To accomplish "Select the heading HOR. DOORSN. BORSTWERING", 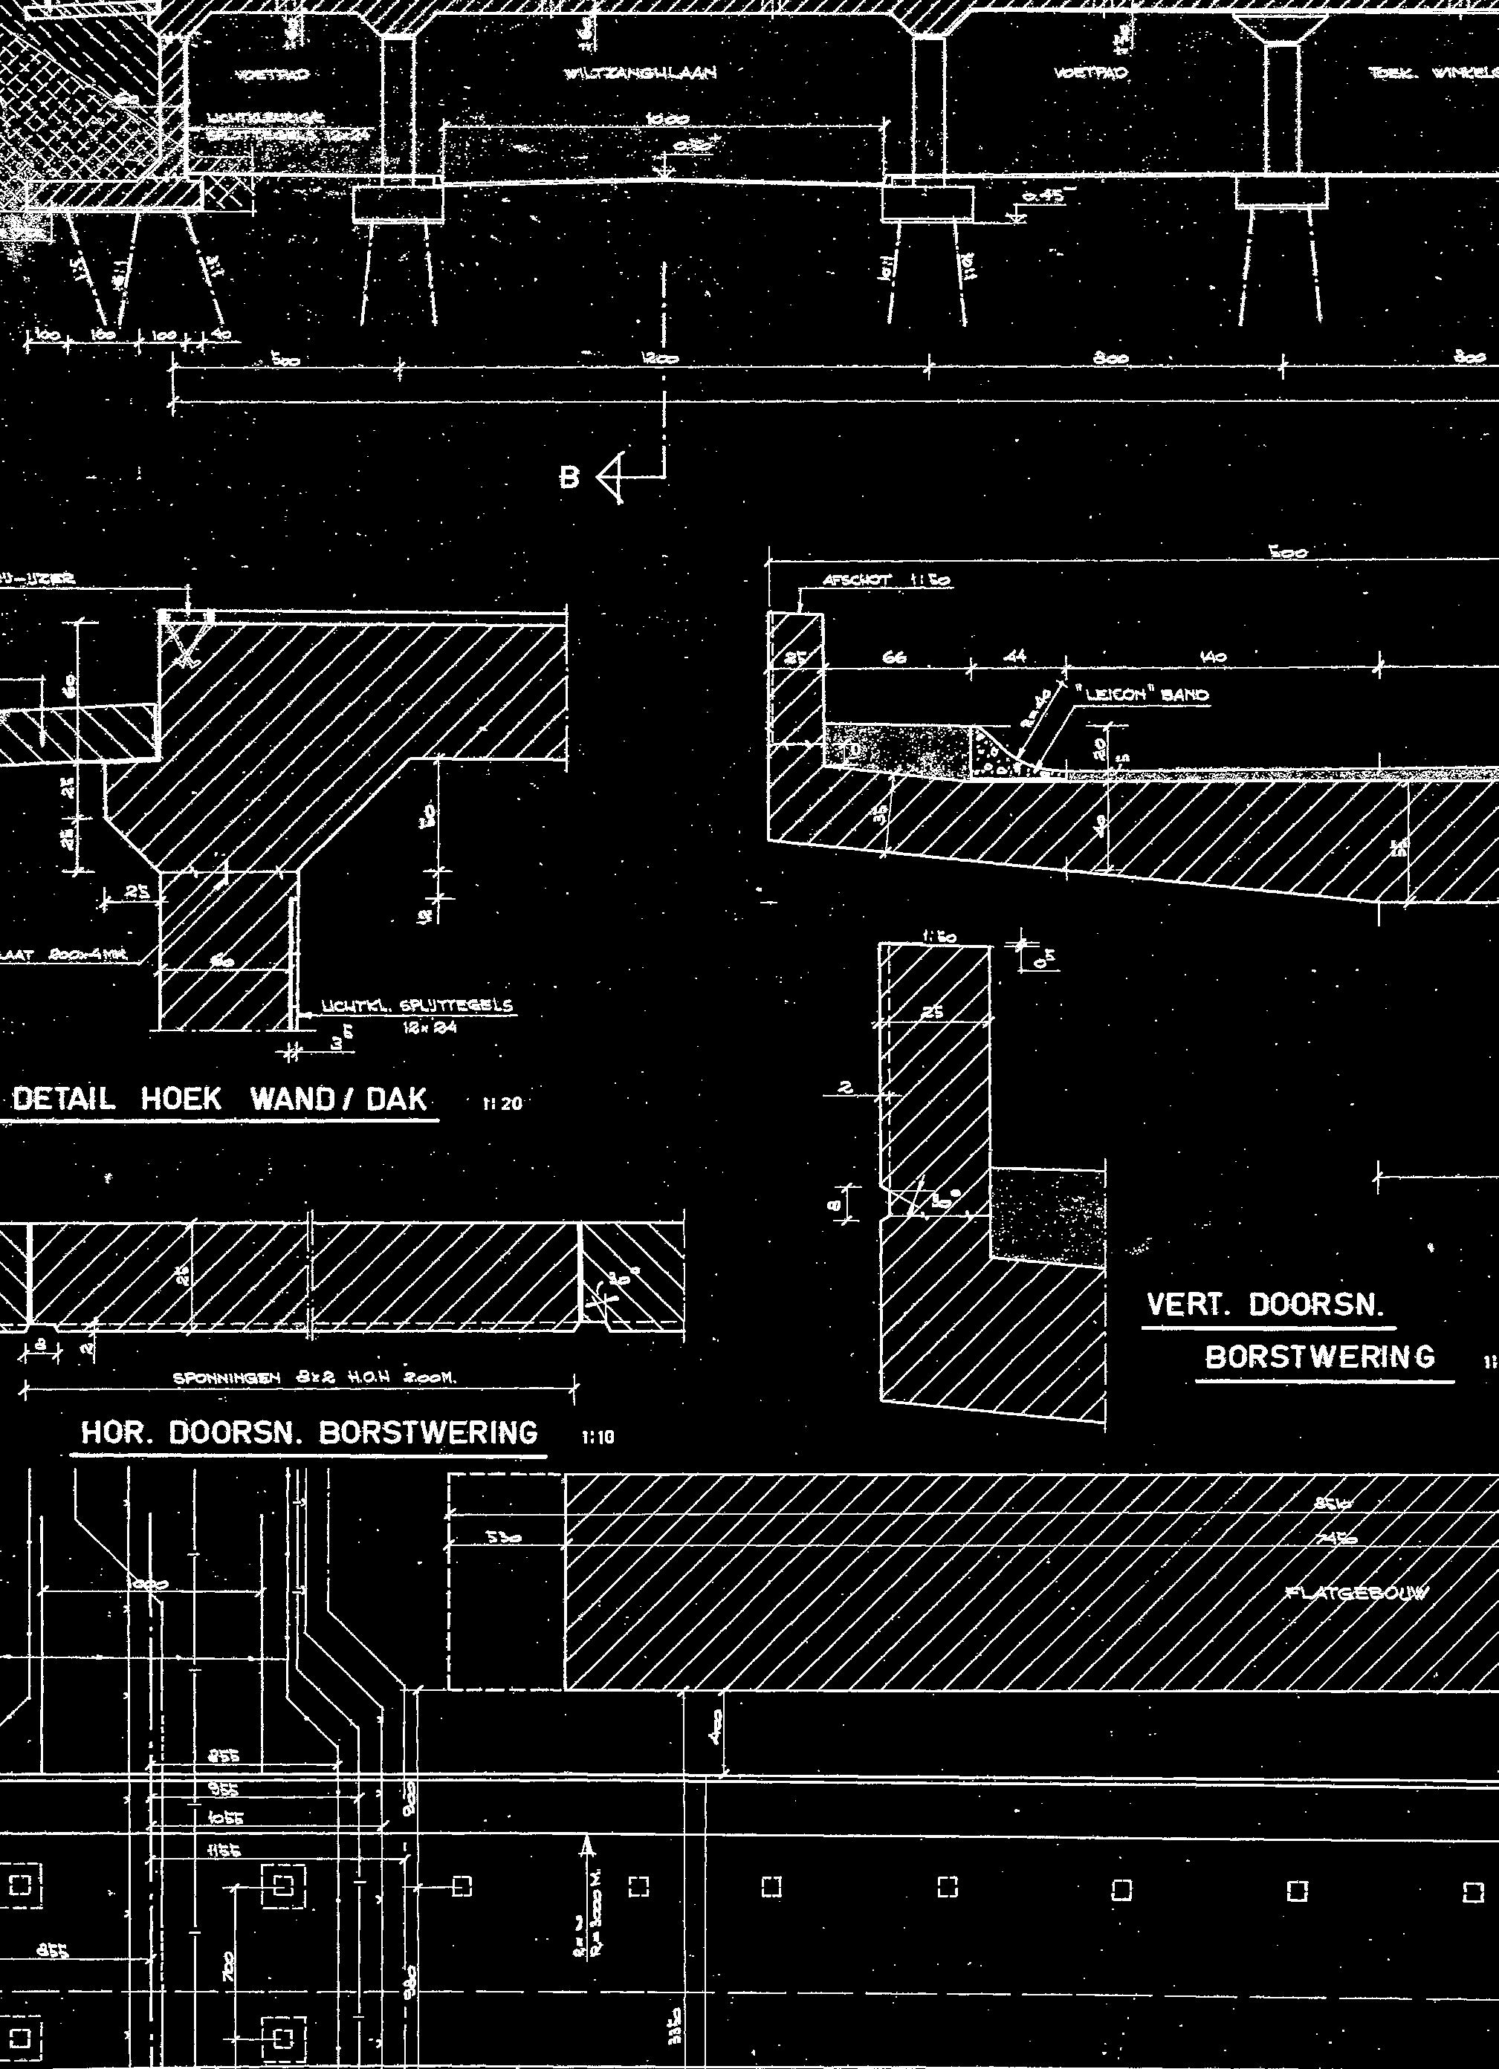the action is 309,1433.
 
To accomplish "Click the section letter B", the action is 569,478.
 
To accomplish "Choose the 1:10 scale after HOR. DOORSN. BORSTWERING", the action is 598,1438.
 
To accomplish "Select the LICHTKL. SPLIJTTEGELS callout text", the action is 416,1007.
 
